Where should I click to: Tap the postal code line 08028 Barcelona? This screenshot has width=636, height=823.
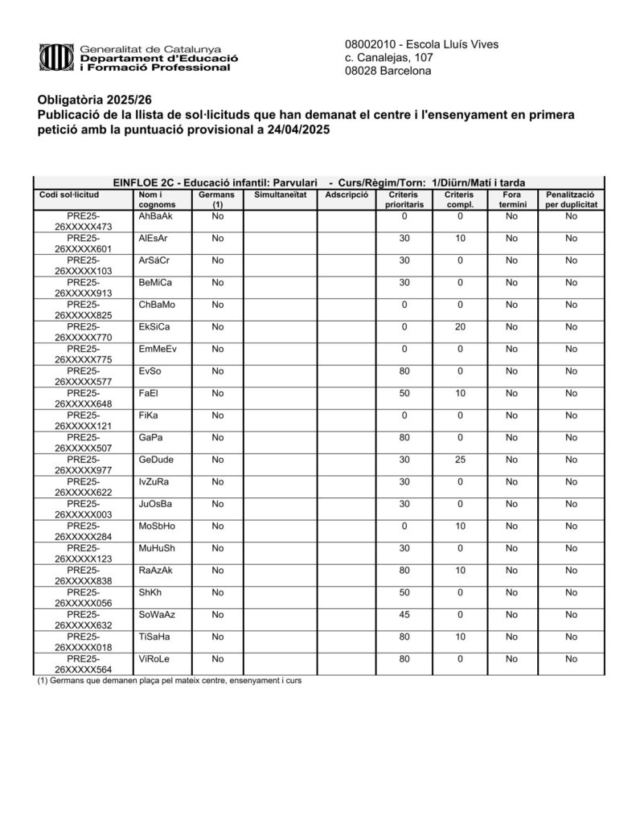[x=388, y=72]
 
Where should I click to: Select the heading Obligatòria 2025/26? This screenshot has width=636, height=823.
[x=95, y=100]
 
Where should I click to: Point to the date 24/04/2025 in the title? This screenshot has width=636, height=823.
[x=293, y=129]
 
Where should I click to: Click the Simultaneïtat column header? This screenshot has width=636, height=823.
[x=280, y=195]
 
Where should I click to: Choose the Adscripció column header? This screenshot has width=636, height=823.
[x=347, y=195]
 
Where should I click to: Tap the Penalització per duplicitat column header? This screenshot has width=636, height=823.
[x=570, y=200]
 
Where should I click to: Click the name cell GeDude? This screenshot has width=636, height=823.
[x=156, y=460]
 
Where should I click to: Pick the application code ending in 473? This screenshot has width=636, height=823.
[x=84, y=222]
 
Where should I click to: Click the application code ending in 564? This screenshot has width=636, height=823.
[x=84, y=665]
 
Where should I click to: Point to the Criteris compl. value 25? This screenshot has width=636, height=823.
[x=461, y=460]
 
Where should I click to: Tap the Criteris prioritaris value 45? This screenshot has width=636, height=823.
[x=405, y=615]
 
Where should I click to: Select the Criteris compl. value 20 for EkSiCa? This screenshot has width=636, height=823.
[x=461, y=327]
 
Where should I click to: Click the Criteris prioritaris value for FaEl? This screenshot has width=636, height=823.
[x=405, y=394]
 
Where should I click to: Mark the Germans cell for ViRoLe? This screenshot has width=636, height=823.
[x=217, y=659]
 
